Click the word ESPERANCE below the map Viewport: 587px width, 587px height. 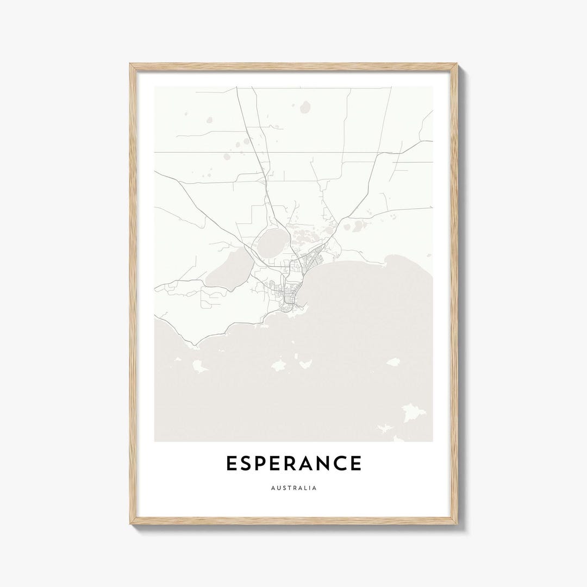point(293,464)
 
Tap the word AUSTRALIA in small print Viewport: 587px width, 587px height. point(293,488)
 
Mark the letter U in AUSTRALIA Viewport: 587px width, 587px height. point(279,488)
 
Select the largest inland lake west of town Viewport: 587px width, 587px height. point(228,268)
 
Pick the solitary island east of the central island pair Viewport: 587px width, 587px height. point(392,361)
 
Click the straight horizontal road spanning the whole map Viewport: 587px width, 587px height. point(293,152)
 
